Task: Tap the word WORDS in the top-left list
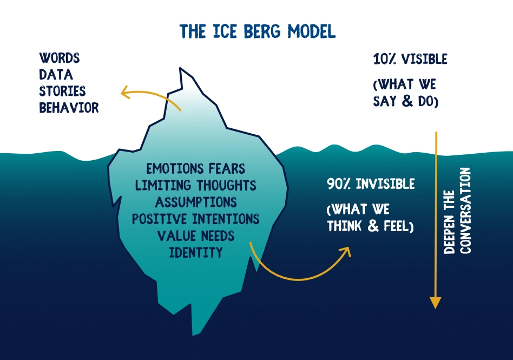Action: pos(59,58)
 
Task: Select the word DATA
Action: pos(56,75)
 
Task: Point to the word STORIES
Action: pos(62,91)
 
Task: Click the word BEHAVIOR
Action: pos(69,107)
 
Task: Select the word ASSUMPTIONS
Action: pos(196,202)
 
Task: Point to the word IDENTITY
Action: pos(196,252)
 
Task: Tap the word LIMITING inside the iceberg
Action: pos(163,185)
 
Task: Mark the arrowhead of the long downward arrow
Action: pos(436,303)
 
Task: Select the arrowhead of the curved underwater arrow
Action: pos(346,251)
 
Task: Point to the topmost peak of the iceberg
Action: pos(180,68)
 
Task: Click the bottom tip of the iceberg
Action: pos(193,335)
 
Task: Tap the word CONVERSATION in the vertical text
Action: pos(465,211)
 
